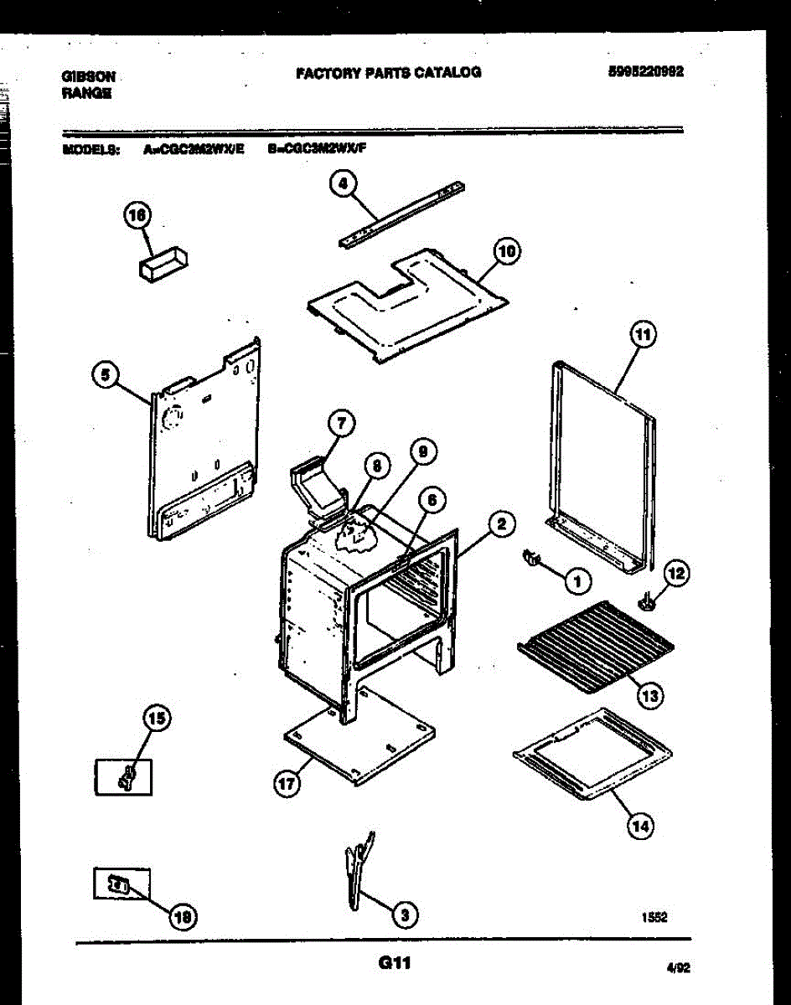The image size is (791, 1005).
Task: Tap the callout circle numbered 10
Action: click(507, 250)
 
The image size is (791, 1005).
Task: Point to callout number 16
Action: click(137, 216)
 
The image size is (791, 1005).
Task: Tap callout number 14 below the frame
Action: click(640, 826)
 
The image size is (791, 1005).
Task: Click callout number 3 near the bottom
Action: click(406, 915)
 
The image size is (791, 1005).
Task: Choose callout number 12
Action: click(676, 574)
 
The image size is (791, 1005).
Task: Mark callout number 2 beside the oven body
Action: click(500, 525)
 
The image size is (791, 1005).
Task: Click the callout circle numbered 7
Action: click(340, 424)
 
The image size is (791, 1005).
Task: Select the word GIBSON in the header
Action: click(88, 76)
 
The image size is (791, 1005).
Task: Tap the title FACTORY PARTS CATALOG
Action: click(388, 73)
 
